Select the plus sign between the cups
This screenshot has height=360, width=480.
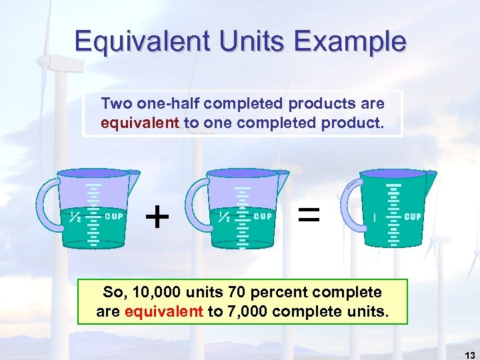click(x=157, y=216)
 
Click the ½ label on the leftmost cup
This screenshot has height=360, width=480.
click(x=75, y=216)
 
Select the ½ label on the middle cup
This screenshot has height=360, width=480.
click(x=225, y=216)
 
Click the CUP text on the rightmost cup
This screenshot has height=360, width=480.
click(x=413, y=217)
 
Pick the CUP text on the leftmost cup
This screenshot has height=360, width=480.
click(x=114, y=216)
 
